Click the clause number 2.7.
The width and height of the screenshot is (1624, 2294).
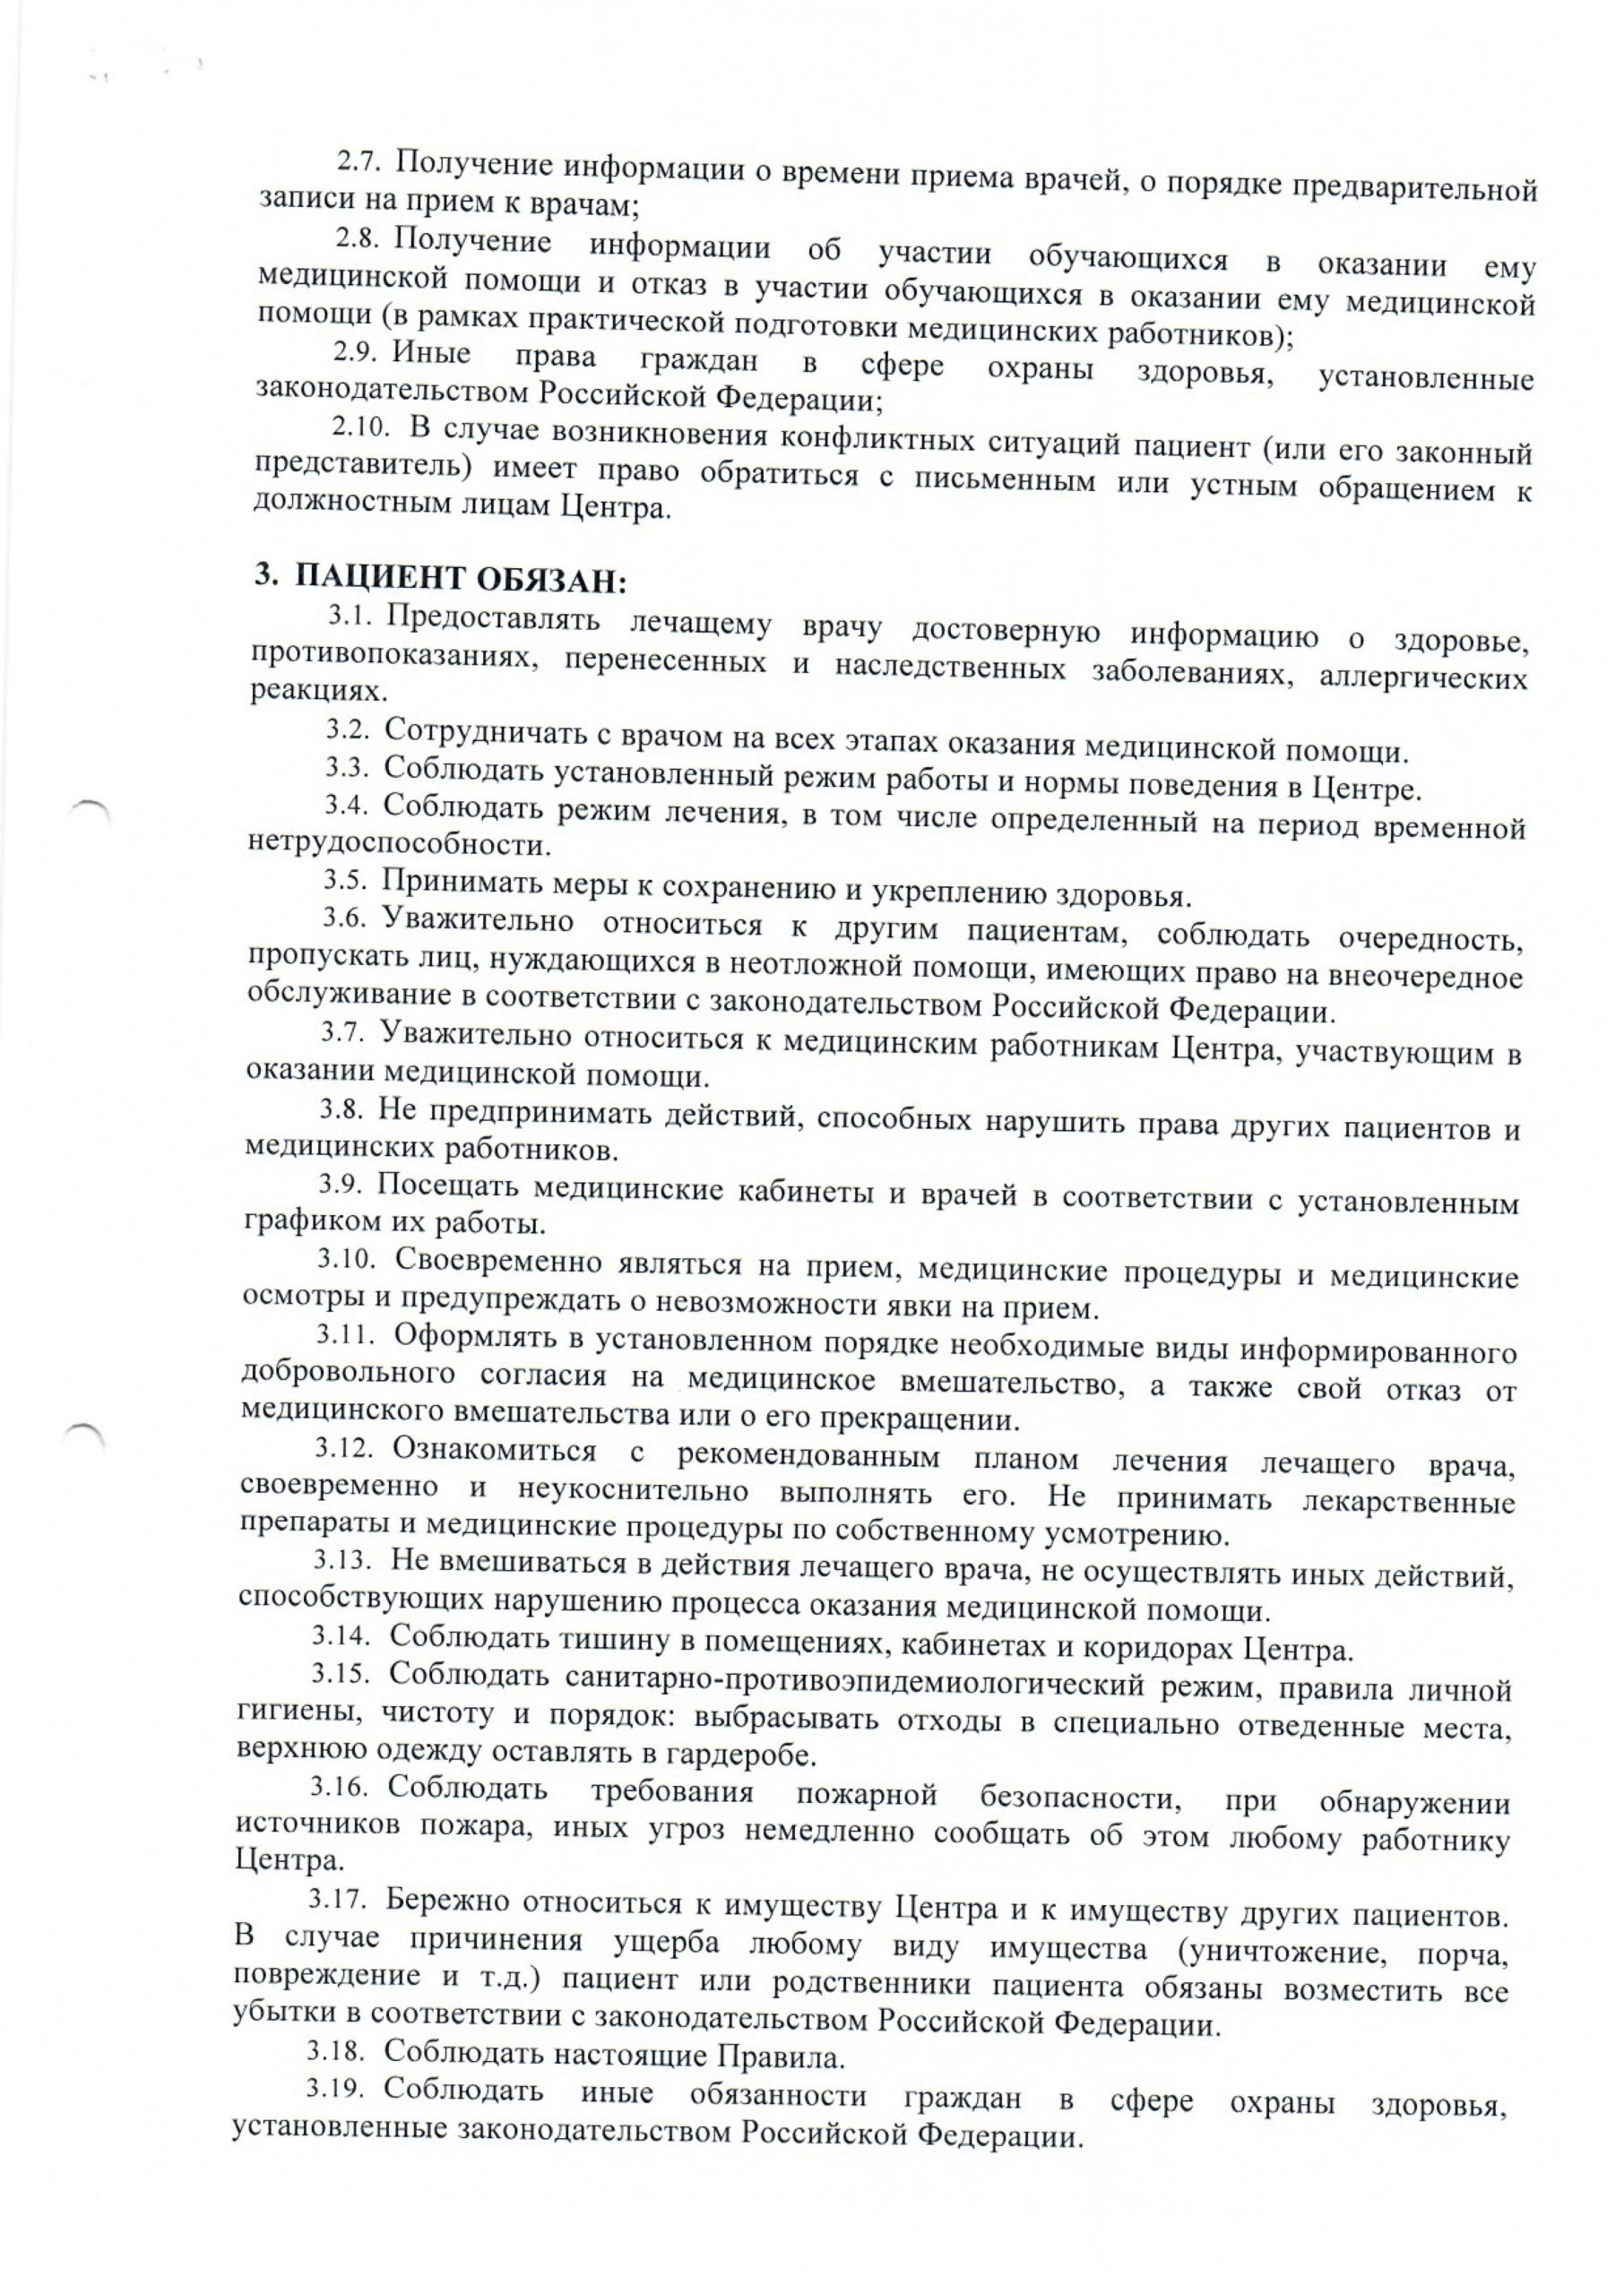[354, 162]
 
